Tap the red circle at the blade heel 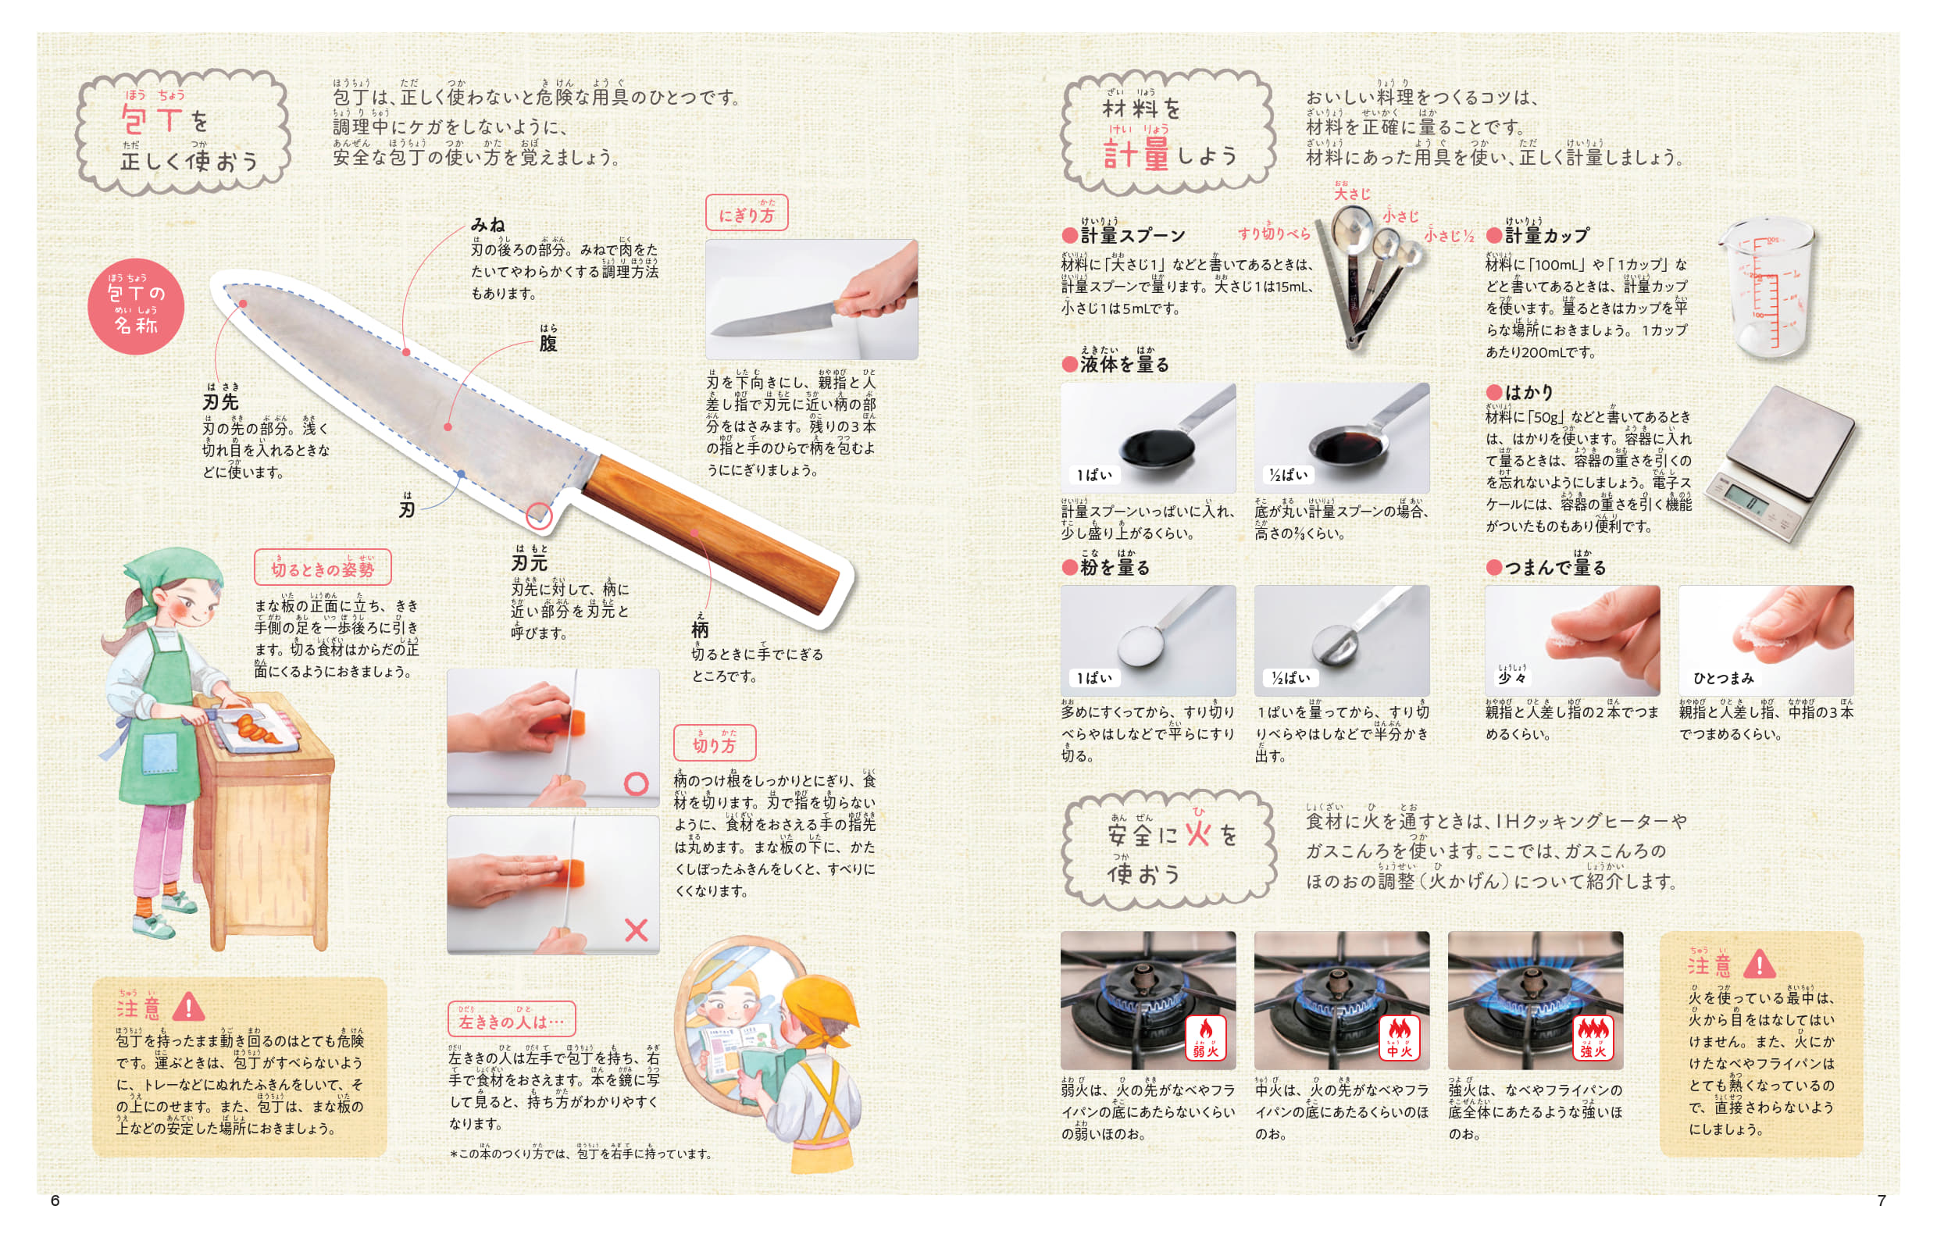(x=539, y=515)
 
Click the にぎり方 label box (x=746, y=212)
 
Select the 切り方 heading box (x=715, y=742)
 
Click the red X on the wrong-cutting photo (x=637, y=929)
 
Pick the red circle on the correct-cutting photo (x=637, y=783)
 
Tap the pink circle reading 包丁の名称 (x=136, y=306)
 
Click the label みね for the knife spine (x=488, y=225)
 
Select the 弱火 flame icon (x=1205, y=1038)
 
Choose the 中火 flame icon (x=1400, y=1038)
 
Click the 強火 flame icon (x=1593, y=1038)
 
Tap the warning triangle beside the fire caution (x=1760, y=963)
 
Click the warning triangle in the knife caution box (x=188, y=1007)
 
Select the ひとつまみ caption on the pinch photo (x=1724, y=677)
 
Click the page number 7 (x=1882, y=1200)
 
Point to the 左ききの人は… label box (x=512, y=1019)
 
